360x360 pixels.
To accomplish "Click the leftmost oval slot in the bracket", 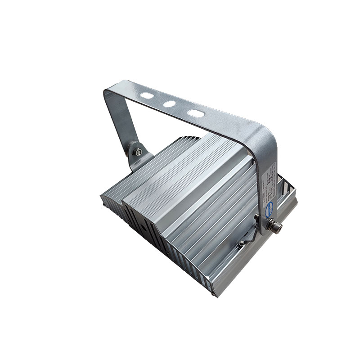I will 147,96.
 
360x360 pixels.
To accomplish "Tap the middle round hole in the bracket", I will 170,104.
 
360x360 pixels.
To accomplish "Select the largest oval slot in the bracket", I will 196,113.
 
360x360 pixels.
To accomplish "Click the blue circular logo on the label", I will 268,205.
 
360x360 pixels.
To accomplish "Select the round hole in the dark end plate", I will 144,228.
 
